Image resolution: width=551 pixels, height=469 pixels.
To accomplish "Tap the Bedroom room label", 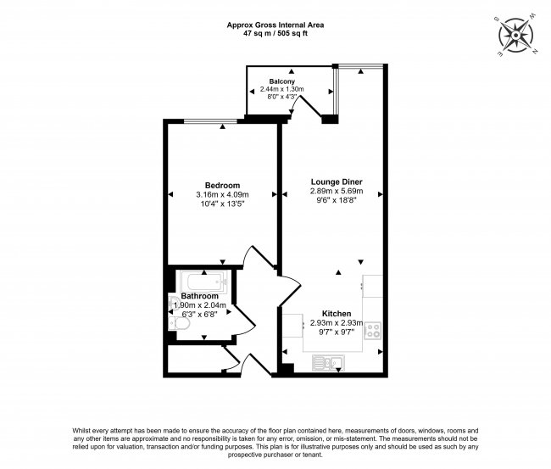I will coord(222,186).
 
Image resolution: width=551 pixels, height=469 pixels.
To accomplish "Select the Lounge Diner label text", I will coord(337,181).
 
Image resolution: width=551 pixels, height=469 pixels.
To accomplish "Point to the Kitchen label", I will coord(337,312).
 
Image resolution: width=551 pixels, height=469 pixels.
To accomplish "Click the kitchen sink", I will coord(326,364).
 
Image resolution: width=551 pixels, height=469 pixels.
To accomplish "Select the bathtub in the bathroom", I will coord(202,282).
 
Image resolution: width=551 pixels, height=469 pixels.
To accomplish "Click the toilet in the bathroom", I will coord(175,323).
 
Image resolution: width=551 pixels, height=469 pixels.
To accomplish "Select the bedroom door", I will coord(256,261).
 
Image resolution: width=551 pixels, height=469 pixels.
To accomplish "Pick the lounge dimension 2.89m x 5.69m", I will coord(337,192).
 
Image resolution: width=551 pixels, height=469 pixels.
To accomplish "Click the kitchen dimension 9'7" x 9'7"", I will coord(337,332).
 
